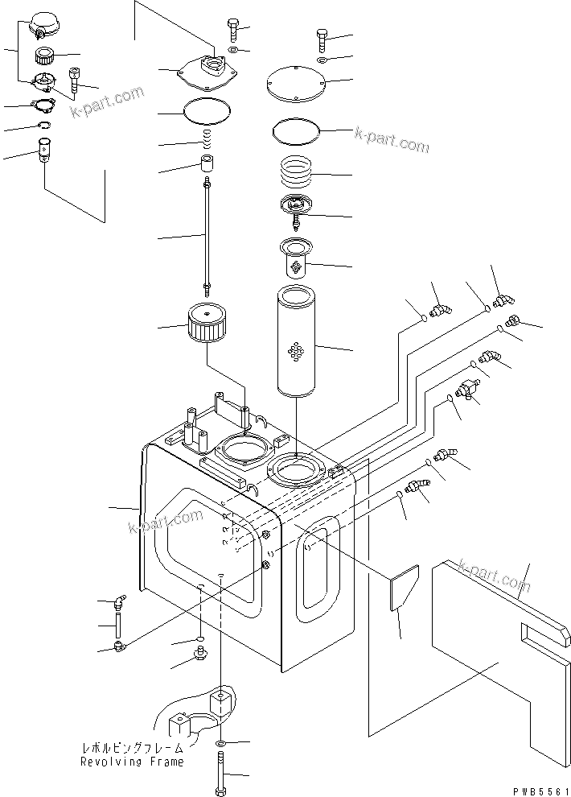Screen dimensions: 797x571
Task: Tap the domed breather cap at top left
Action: [x=39, y=24]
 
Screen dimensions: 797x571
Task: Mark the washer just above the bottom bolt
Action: [x=221, y=741]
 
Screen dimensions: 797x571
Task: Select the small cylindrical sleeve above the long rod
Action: [x=207, y=167]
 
